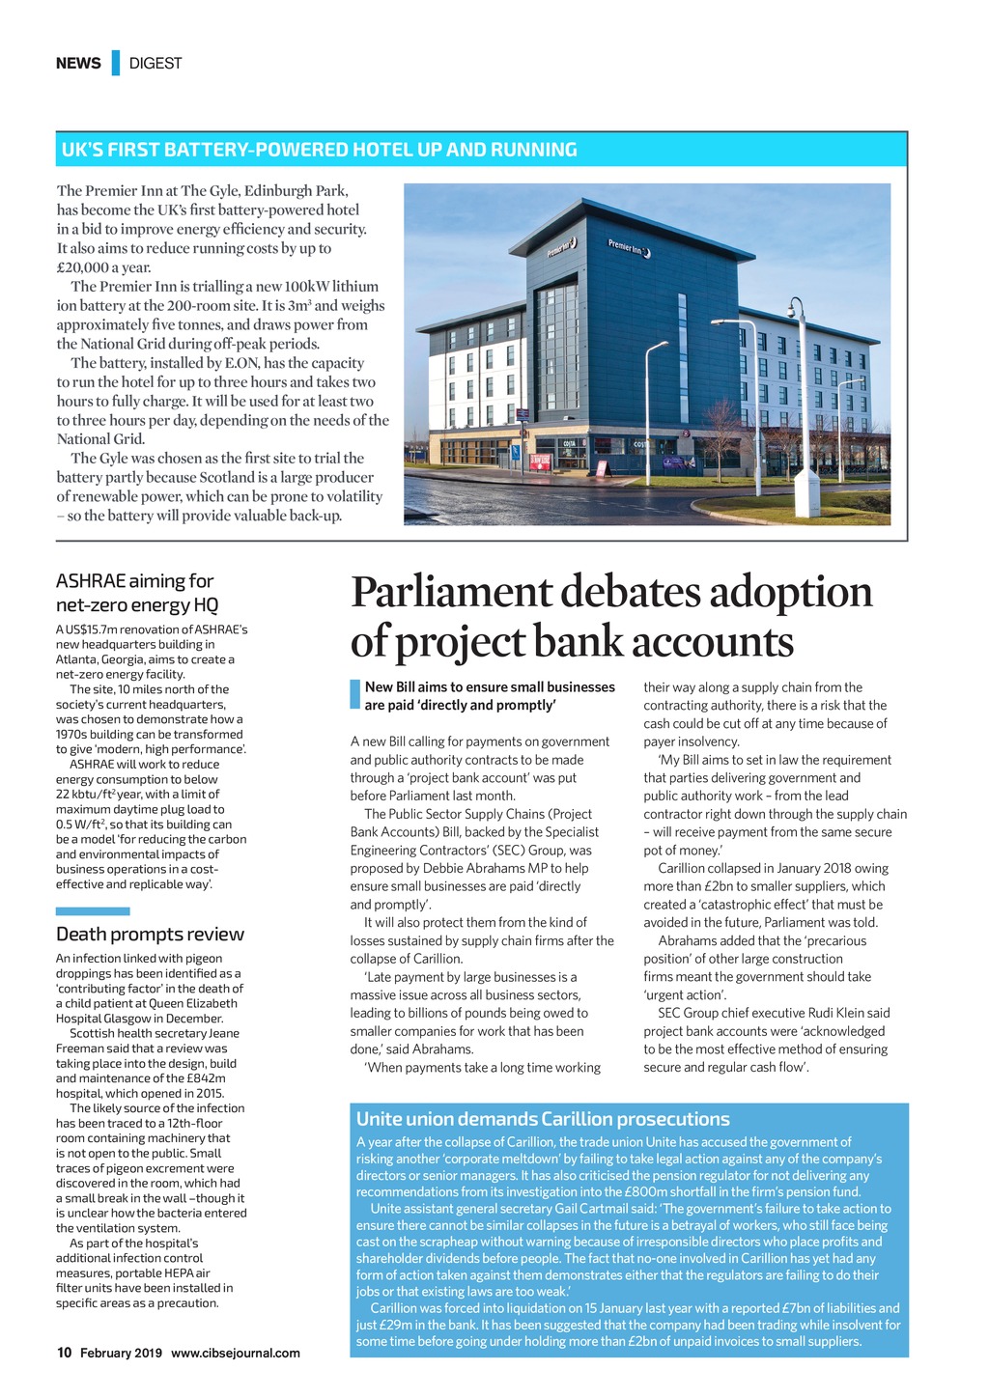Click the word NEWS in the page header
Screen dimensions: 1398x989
tap(78, 63)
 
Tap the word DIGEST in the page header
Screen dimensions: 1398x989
tap(155, 63)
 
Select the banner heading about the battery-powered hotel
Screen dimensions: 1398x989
tap(320, 150)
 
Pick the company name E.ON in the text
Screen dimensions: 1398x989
tap(242, 363)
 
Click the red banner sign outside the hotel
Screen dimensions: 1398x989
tap(541, 461)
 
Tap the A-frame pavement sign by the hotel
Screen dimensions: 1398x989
tap(602, 467)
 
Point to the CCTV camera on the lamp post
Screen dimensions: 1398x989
tap(794, 309)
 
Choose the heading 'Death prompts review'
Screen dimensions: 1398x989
tap(150, 934)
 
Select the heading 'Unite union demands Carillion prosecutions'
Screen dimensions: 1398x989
tap(543, 1119)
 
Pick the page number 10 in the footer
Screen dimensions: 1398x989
tap(64, 1353)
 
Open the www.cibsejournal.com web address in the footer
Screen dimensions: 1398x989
tap(236, 1353)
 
